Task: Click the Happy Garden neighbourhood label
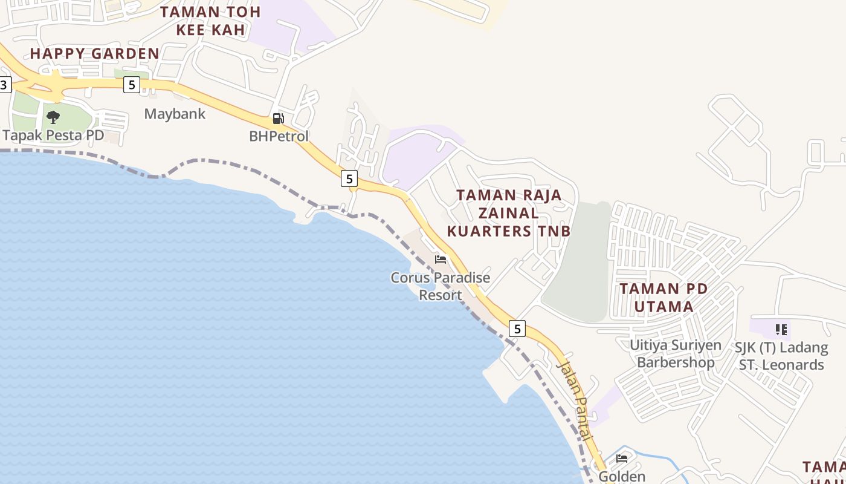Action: click(95, 53)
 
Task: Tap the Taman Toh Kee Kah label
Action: click(210, 21)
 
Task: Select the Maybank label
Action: click(175, 114)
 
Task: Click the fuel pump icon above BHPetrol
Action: click(278, 119)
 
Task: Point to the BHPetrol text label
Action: click(279, 136)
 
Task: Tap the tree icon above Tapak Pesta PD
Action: click(53, 117)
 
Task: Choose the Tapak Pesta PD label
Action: click(53, 135)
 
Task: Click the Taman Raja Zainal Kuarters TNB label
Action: click(509, 213)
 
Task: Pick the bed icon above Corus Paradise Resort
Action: click(441, 260)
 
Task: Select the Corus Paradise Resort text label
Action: click(440, 286)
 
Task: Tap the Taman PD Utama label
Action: click(664, 298)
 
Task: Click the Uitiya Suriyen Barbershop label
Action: click(676, 354)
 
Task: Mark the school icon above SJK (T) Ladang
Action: click(781, 330)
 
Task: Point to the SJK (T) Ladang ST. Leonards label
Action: click(781, 356)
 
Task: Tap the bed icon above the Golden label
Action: click(622, 458)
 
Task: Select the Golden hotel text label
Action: click(622, 477)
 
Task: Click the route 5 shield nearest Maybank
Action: click(131, 85)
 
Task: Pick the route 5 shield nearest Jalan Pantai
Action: click(517, 329)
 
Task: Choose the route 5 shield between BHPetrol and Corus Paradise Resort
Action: click(349, 178)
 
